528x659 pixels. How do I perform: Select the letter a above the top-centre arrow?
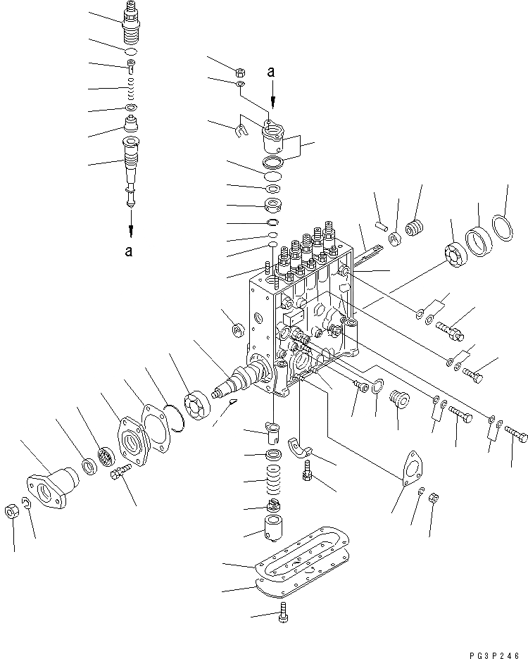click(x=271, y=70)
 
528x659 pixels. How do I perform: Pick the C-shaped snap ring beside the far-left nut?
click(x=26, y=502)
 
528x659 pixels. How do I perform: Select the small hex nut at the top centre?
click(x=240, y=72)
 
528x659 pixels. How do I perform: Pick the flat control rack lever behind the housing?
click(x=367, y=253)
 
